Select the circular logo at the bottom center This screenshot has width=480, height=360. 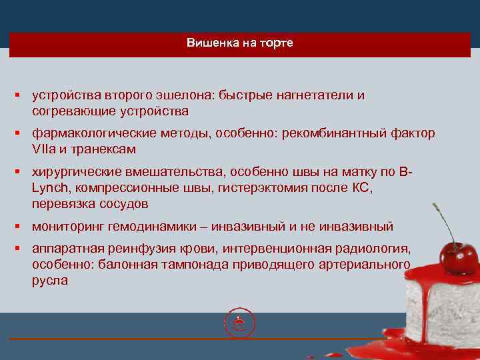click(x=240, y=324)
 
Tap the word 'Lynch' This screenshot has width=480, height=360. click(x=47, y=188)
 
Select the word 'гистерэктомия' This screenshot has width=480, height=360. click(x=257, y=188)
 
